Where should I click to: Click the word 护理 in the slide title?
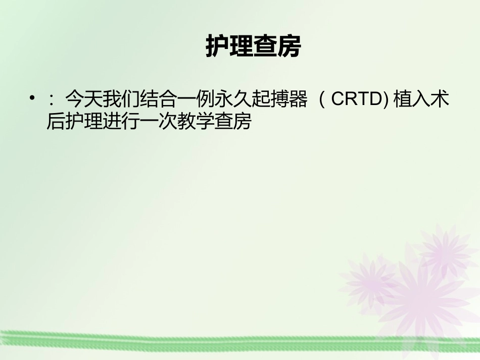pyautogui.click(x=229, y=47)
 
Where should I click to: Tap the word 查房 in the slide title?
pyautogui.click(x=277, y=47)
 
